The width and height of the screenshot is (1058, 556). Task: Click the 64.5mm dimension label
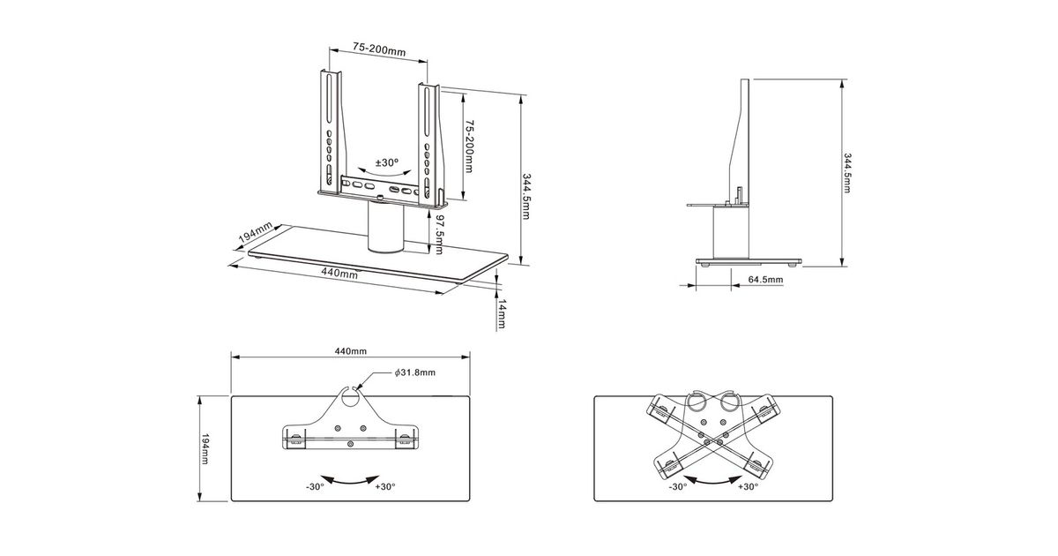pos(765,280)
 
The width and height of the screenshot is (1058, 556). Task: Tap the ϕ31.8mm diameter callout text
pos(414,373)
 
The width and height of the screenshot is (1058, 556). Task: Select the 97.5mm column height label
pos(439,232)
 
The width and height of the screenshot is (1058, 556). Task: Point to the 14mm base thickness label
pos(502,314)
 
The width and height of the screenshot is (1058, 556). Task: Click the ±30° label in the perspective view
pos(386,163)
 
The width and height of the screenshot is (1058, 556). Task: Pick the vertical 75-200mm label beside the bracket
pos(470,146)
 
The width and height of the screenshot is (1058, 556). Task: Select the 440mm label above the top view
pos(350,351)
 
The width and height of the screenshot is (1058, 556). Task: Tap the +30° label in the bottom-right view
pos(748,486)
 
